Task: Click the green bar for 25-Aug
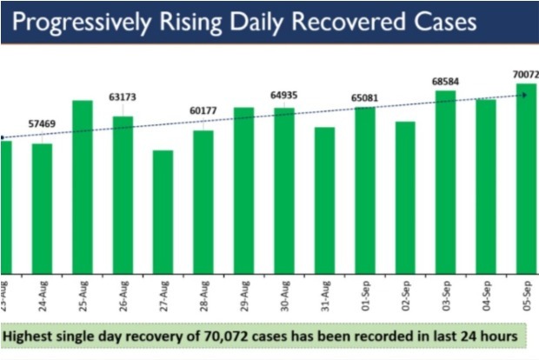pyautogui.click(x=83, y=186)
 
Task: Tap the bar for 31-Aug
pyautogui.click(x=324, y=199)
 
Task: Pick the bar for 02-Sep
pyautogui.click(x=405, y=197)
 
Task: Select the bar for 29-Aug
pyautogui.click(x=243, y=190)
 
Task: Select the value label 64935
pyautogui.click(x=284, y=93)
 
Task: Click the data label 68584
pyautogui.click(x=445, y=81)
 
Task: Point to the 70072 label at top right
pyautogui.click(x=525, y=76)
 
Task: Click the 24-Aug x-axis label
pyautogui.click(x=43, y=291)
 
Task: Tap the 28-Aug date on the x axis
pyautogui.click(x=203, y=291)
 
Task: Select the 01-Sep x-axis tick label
pyautogui.click(x=365, y=291)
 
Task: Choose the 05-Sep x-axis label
pyautogui.click(x=526, y=291)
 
